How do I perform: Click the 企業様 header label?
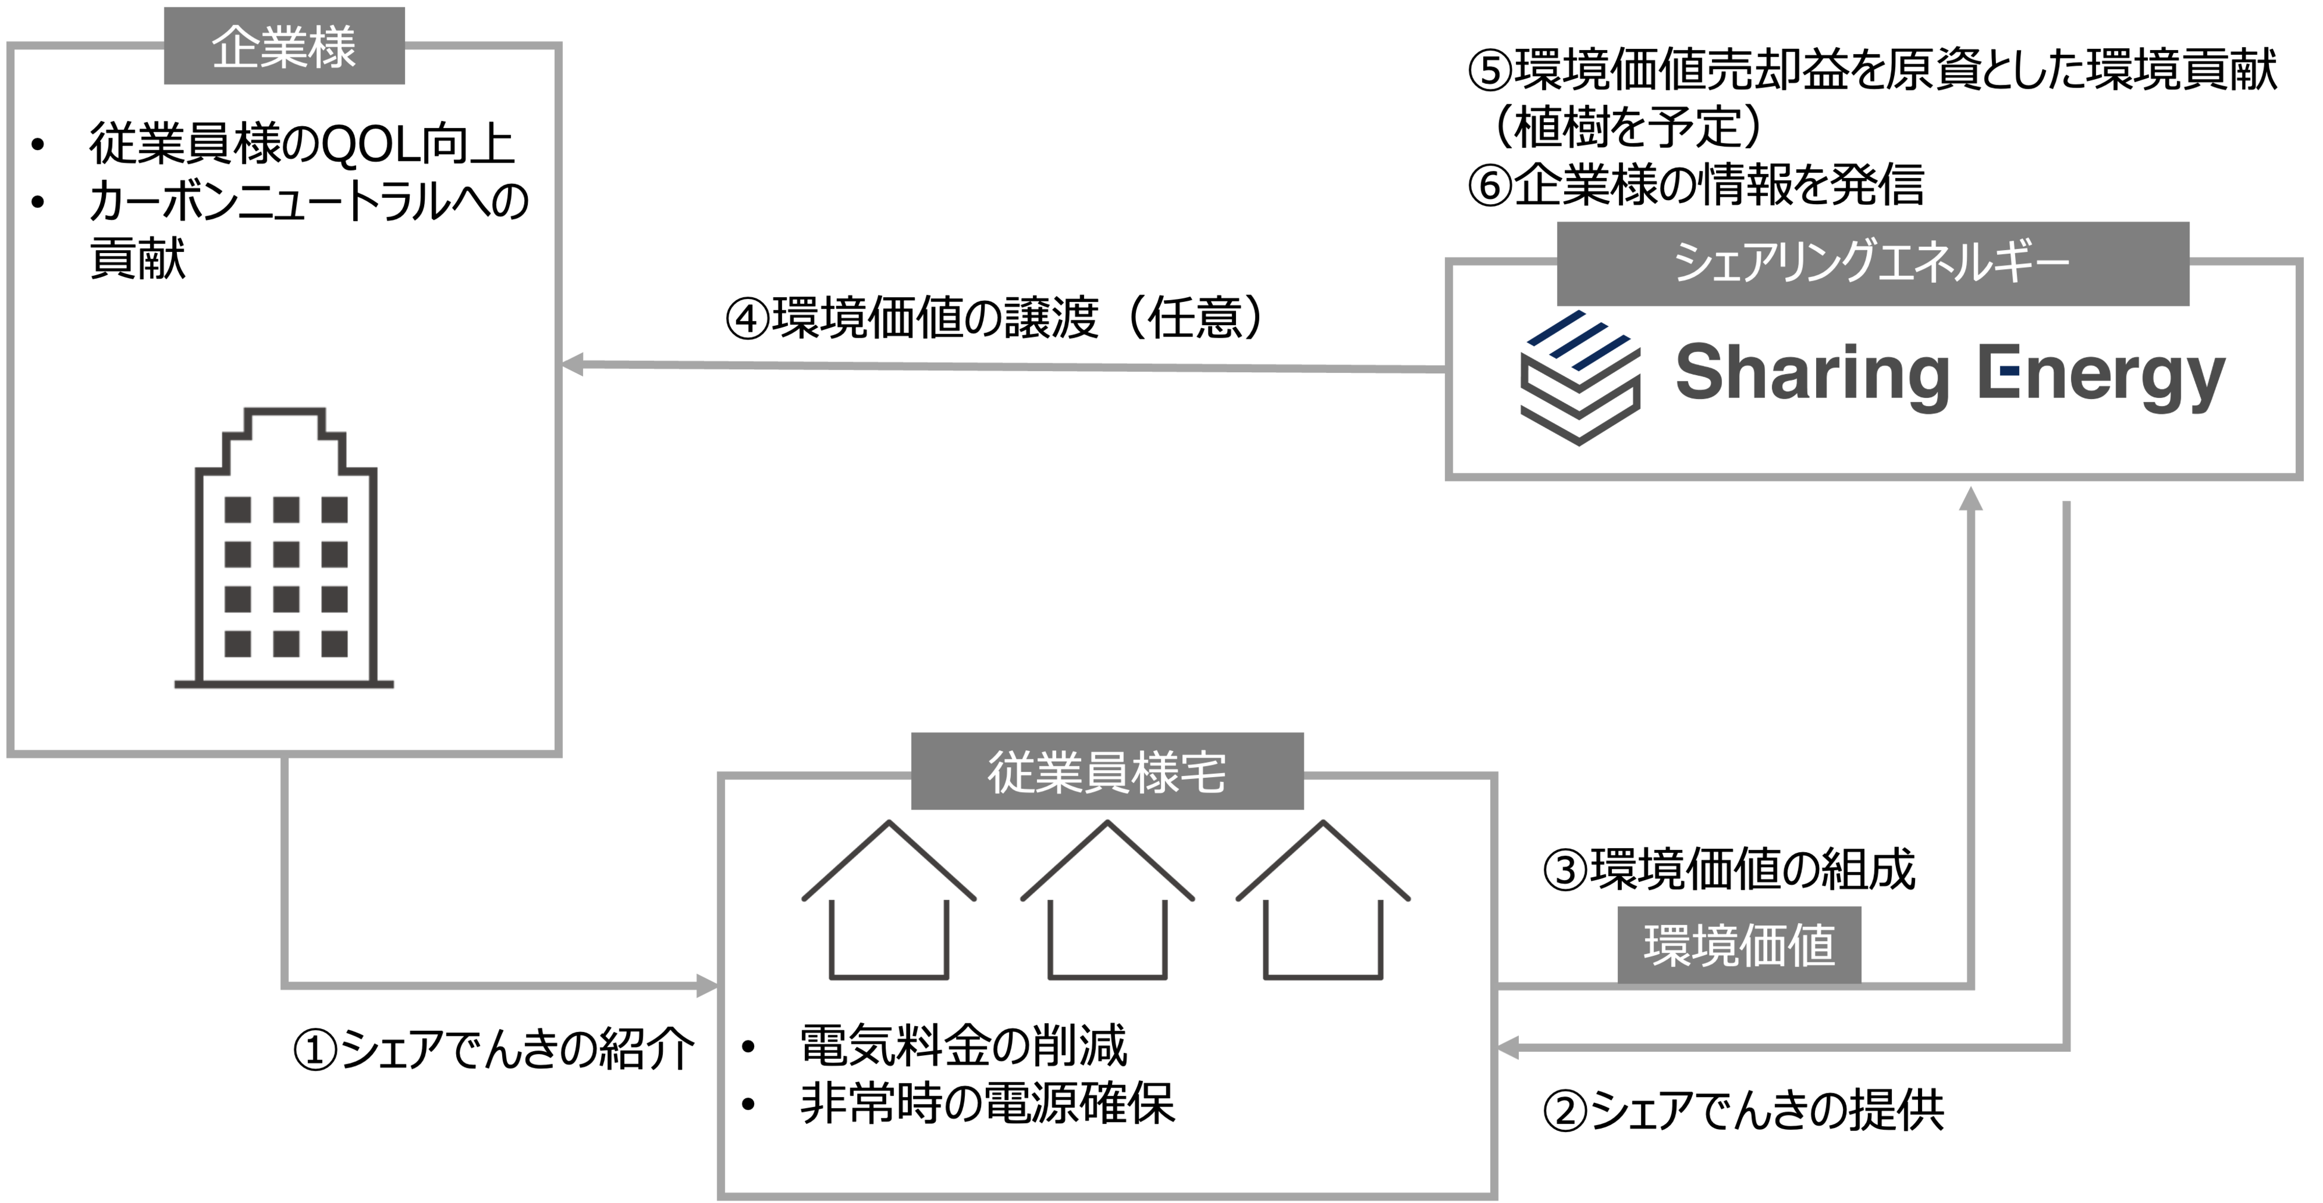284,47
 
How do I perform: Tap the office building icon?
284,550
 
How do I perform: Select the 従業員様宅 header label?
1107,771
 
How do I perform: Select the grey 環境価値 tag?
1739,945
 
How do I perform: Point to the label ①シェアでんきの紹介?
494,1050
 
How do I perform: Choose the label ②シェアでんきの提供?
1743,1109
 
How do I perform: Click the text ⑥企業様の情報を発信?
1695,185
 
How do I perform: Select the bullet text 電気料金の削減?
963,1046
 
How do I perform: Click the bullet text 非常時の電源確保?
988,1104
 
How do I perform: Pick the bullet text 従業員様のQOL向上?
301,144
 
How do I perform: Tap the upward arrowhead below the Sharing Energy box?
1972,498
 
